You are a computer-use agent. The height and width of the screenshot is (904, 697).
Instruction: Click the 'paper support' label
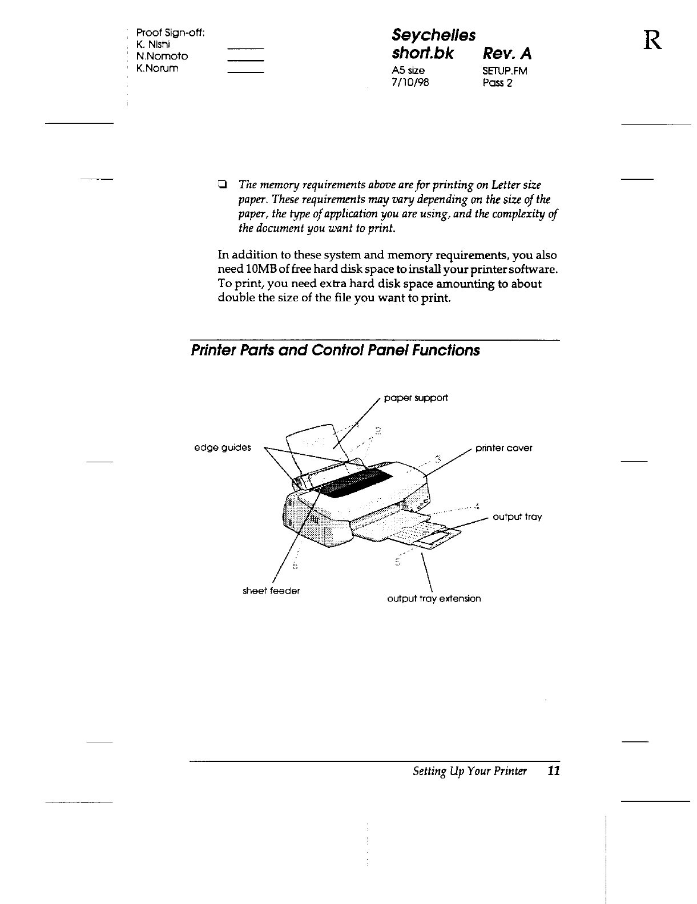416,398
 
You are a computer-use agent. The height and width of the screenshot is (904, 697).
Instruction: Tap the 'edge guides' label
222,447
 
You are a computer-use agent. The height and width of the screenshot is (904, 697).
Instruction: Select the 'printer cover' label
503,448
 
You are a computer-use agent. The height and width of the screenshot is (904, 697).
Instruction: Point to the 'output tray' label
517,517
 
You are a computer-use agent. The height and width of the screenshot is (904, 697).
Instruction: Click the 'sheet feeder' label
271,591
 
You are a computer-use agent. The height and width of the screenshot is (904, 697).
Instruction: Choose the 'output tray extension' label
434,599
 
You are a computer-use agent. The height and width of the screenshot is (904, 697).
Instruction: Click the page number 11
553,772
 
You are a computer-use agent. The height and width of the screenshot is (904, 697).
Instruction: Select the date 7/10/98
408,82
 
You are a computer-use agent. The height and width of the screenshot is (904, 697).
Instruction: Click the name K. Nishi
151,44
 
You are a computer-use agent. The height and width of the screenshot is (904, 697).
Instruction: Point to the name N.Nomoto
162,56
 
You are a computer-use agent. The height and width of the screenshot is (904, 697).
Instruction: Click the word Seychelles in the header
434,35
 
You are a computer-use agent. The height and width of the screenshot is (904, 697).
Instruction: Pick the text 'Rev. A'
507,54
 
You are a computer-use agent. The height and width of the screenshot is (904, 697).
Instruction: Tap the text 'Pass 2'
497,82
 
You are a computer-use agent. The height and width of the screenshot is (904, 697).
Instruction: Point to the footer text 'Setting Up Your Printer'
469,772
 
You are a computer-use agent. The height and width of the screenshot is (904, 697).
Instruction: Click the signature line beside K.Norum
245,72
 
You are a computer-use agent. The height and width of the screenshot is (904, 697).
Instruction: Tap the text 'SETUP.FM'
505,71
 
